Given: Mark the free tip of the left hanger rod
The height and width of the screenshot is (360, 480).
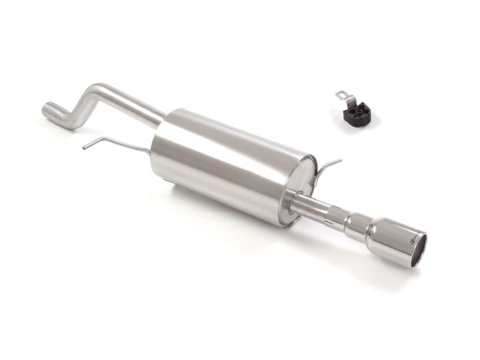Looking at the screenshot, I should point(84,147).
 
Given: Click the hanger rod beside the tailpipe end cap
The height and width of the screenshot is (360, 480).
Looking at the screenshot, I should point(327,165).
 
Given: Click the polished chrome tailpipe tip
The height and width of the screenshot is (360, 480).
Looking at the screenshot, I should point(391,239).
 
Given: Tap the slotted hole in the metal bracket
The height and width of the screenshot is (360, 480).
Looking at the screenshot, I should point(341,94).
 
